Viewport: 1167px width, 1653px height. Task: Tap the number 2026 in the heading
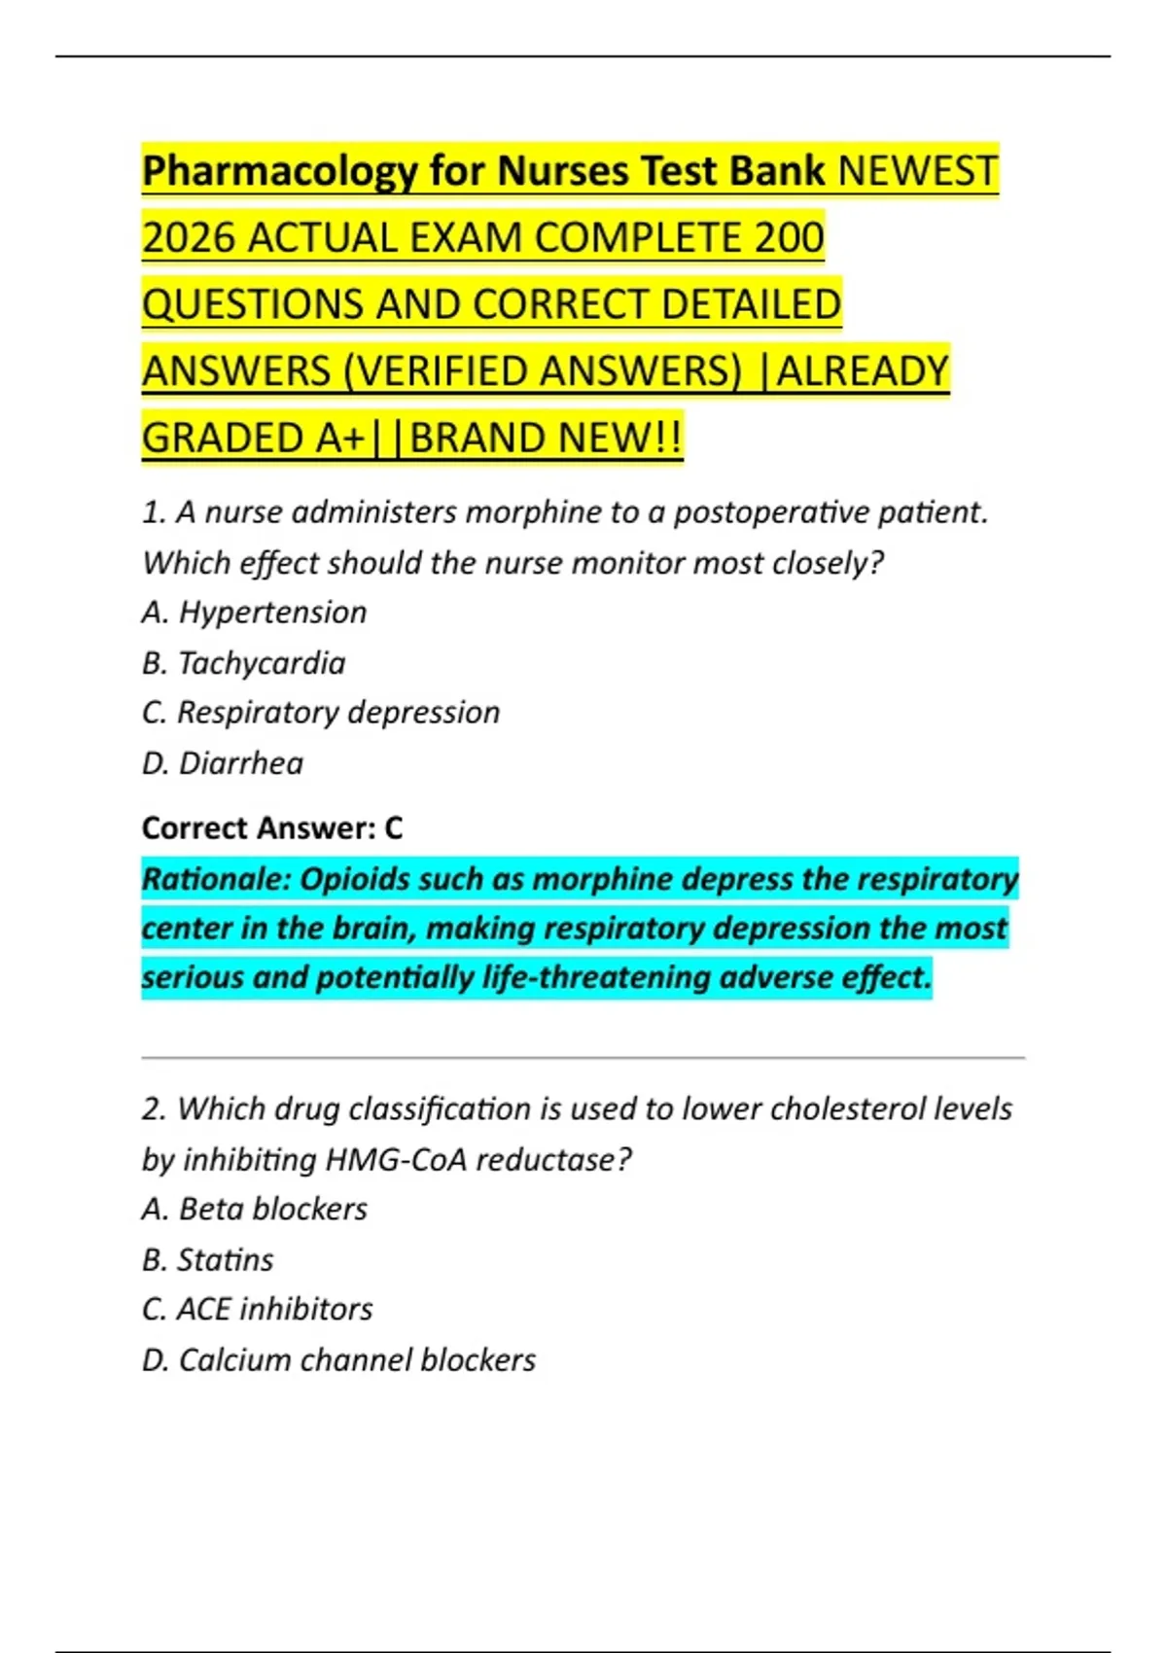(190, 238)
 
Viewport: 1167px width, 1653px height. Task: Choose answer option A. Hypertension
(254, 613)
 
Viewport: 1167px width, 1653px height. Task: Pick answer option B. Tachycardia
(243, 663)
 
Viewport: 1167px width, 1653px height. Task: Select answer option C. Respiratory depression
(320, 713)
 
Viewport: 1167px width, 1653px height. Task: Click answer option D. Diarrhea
(222, 763)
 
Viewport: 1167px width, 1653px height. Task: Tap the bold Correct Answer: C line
(271, 828)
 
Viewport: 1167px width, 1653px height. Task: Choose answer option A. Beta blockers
(254, 1210)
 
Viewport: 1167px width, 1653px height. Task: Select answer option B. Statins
(207, 1260)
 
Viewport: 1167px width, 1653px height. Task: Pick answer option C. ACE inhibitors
(257, 1310)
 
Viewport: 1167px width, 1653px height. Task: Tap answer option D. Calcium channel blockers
(338, 1360)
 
